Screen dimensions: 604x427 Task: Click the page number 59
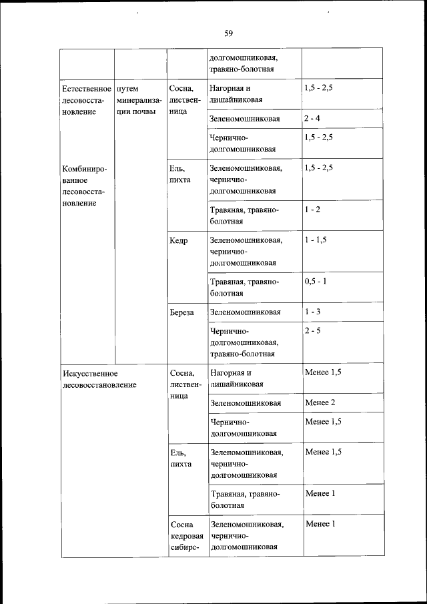[228, 33]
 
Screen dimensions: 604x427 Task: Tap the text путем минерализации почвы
[139, 99]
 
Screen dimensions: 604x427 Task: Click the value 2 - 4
[312, 119]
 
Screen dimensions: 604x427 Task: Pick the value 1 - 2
[312, 210]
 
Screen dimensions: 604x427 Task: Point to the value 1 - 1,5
[316, 240]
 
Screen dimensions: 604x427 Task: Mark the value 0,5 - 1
[316, 282]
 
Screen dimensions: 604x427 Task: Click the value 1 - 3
[312, 312]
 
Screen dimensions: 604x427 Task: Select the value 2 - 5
[312, 330]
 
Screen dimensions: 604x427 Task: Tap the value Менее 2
[320, 402]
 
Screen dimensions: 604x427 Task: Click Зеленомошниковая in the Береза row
[245, 312]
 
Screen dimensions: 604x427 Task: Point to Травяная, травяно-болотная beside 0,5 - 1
[244, 287]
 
